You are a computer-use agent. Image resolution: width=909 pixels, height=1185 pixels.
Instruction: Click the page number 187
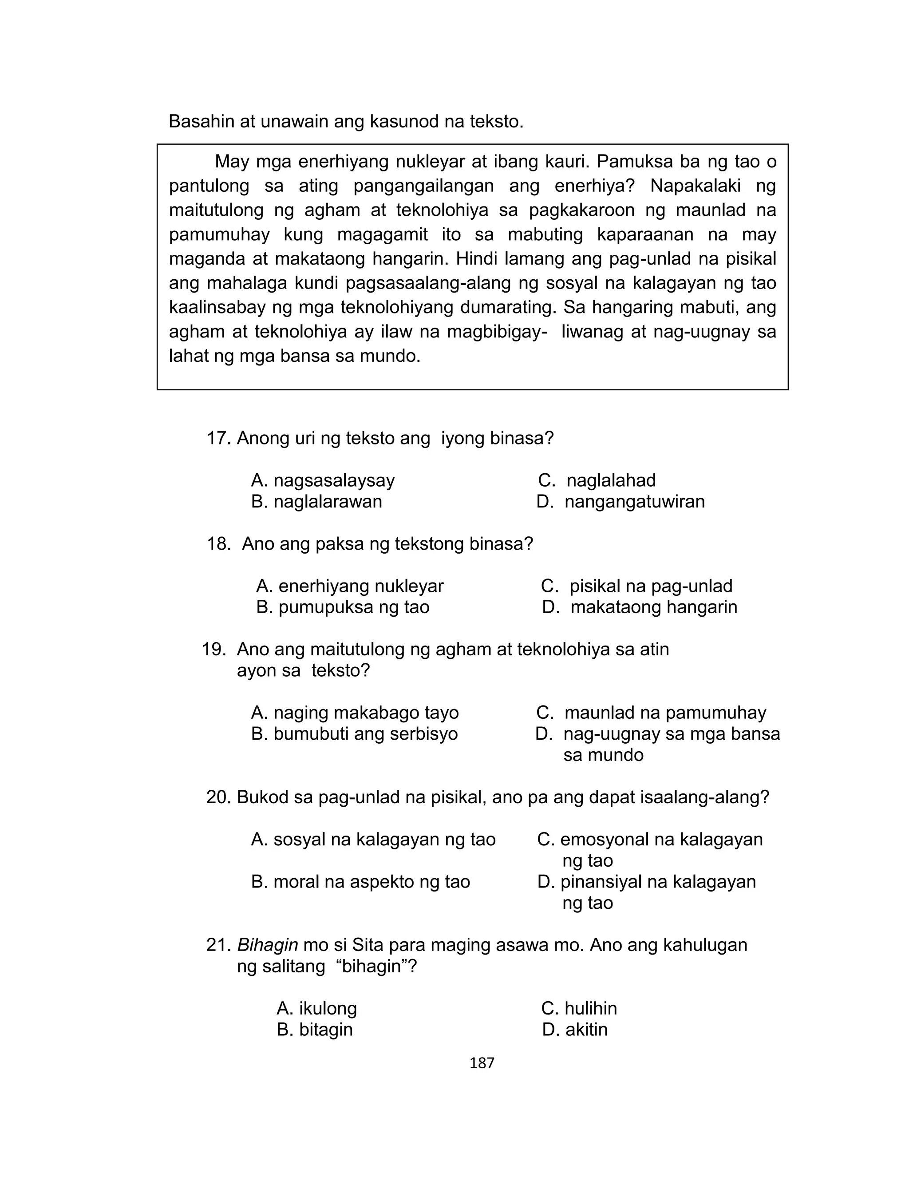point(482,1063)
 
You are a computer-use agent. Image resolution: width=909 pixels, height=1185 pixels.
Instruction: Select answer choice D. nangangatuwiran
point(620,502)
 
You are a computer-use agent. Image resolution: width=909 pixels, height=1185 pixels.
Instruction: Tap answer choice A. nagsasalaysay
point(323,480)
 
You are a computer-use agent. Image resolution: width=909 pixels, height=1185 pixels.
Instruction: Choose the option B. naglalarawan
point(316,502)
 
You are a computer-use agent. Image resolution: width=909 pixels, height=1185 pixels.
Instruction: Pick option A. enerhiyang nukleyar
point(350,586)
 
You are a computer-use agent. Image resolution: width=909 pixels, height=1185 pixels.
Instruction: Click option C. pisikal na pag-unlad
point(636,586)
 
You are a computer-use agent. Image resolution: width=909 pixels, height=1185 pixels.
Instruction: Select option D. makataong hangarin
point(640,607)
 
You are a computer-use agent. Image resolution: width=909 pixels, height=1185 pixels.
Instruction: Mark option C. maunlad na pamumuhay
point(651,713)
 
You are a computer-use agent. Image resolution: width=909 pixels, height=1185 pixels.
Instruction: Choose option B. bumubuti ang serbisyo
point(354,734)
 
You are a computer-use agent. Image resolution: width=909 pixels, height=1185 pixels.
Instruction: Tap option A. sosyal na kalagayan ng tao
point(373,839)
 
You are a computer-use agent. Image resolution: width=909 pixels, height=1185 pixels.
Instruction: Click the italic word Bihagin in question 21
point(267,945)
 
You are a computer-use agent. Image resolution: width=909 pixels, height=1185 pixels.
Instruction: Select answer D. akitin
point(575,1029)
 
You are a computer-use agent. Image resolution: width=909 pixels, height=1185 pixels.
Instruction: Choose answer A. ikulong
point(316,1008)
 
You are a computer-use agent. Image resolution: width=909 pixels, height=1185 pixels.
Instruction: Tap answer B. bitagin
point(314,1029)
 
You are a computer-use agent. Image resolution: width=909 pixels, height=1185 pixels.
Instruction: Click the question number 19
point(213,649)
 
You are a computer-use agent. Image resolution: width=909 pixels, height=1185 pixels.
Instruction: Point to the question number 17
point(218,438)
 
